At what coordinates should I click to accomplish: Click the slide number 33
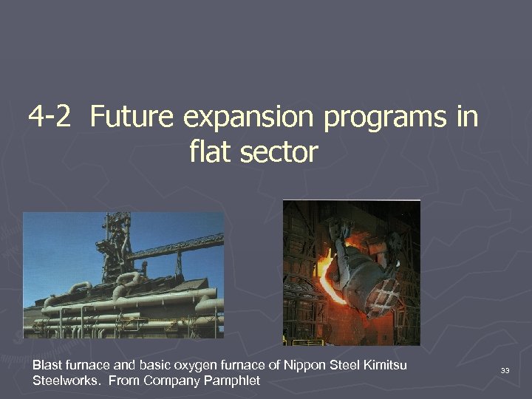pos(505,369)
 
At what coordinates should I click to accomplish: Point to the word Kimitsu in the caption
pos(381,365)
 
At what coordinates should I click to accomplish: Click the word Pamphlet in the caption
pos(233,381)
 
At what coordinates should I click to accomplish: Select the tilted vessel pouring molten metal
pos(362,266)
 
